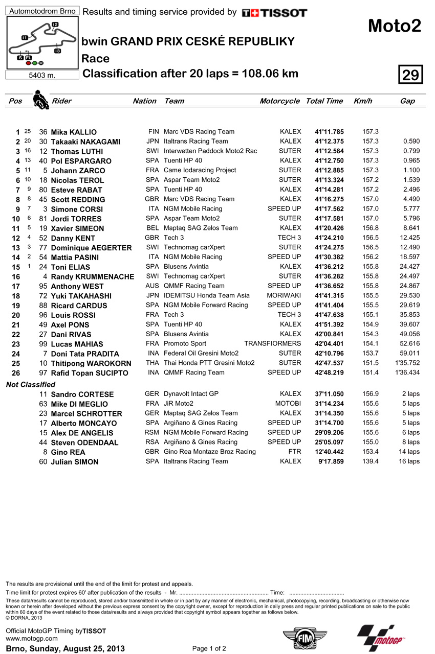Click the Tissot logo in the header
point(274,13)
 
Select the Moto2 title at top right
point(395,26)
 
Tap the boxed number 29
point(410,75)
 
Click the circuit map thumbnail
point(42,43)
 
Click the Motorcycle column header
point(279,101)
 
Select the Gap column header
point(407,101)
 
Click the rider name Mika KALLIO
point(74,132)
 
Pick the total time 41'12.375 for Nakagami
point(329,142)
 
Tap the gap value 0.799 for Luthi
point(411,151)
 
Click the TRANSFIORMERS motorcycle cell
point(272,344)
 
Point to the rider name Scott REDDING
point(78,200)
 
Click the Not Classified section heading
point(31,384)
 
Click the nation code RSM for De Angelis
point(152,433)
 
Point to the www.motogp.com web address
point(32,639)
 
